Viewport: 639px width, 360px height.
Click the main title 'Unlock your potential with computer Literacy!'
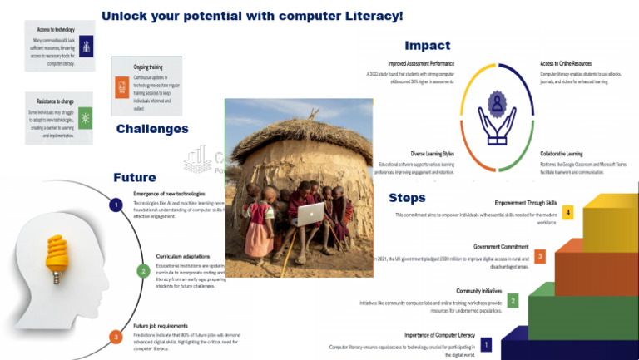pyautogui.click(x=251, y=16)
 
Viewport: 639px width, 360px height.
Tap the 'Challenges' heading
pyautogui.click(x=152, y=129)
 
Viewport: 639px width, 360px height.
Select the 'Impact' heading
pyautogui.click(x=427, y=46)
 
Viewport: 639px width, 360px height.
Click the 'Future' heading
pyautogui.click(x=134, y=177)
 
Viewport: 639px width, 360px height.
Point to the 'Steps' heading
pyautogui.click(x=407, y=198)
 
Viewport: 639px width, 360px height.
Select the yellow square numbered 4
pyautogui.click(x=567, y=212)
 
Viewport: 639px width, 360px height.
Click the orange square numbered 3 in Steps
pyautogui.click(x=540, y=256)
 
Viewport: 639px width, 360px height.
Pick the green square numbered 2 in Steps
pyautogui.click(x=513, y=300)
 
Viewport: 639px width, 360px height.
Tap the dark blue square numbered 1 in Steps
pyautogui.click(x=486, y=343)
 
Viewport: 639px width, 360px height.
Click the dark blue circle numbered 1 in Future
pyautogui.click(x=117, y=205)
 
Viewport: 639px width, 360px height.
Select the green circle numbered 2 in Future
pyautogui.click(x=142, y=270)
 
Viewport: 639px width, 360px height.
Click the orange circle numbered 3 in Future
pyautogui.click(x=116, y=336)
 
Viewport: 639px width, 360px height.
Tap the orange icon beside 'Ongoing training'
pyautogui.click(x=121, y=87)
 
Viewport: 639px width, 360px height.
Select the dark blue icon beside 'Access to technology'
pyautogui.click(x=87, y=45)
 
